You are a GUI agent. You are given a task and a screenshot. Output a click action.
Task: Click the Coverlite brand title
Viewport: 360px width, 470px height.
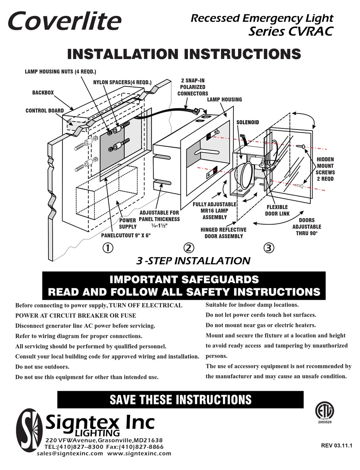64,22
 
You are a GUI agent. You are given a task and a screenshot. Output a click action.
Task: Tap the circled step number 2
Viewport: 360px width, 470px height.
188,248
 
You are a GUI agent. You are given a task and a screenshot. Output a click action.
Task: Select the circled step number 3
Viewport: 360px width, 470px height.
268,248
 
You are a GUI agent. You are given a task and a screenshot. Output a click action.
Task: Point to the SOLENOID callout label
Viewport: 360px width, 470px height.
247,122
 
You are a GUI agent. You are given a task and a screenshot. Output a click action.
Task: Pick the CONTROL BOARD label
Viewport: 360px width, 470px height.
45,111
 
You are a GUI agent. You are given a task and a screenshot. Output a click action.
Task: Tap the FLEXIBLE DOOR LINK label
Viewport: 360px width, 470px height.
277,210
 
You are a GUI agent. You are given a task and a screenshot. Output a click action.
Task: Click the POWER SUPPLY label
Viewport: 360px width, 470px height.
128,223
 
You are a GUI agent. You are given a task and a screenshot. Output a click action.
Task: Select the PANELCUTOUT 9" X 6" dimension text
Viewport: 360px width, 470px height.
126,235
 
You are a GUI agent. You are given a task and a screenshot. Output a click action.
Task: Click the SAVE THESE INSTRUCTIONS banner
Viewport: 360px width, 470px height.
180,400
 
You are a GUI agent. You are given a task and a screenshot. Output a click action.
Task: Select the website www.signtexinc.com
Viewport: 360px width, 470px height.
139,453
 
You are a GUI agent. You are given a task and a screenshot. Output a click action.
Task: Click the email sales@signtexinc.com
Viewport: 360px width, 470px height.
70,453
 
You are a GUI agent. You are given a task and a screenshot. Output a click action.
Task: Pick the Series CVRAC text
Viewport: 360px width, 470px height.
290,31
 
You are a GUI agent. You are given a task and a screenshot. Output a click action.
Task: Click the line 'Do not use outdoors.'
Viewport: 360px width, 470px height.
42,367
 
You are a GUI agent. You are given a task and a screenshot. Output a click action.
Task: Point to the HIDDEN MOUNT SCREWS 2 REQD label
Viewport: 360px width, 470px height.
325,169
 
